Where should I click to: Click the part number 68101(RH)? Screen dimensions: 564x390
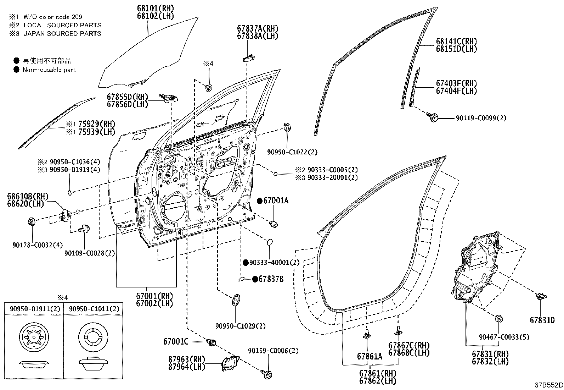(x=156, y=8)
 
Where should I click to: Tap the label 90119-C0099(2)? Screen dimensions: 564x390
(x=481, y=118)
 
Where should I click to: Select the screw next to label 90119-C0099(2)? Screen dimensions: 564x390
(x=432, y=117)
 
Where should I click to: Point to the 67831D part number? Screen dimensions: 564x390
(x=542, y=320)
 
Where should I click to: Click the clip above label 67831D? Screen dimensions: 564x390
(x=541, y=296)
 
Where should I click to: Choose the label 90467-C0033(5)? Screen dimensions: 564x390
(x=504, y=337)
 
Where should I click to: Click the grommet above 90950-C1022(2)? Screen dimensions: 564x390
(x=287, y=127)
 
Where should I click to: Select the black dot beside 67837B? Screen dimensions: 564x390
(x=255, y=279)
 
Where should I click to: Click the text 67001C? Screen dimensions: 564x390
(x=176, y=342)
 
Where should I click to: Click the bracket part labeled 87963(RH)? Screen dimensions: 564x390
(x=230, y=363)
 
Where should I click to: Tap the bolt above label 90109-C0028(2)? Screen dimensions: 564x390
(x=84, y=229)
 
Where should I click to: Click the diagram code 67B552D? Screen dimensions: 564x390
(x=549, y=385)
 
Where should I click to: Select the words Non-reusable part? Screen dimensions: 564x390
(x=49, y=70)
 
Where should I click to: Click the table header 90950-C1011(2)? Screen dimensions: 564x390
(x=94, y=309)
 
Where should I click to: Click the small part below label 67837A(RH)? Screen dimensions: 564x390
(x=248, y=59)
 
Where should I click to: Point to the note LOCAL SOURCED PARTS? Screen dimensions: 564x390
(x=62, y=25)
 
